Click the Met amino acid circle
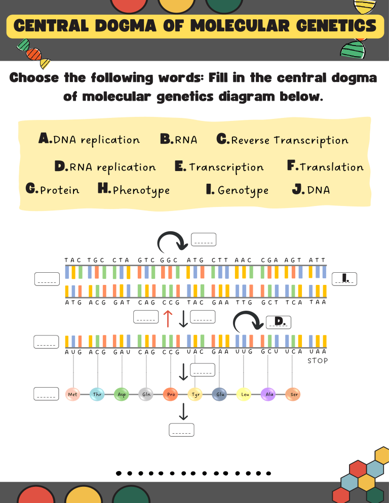tap(73, 394)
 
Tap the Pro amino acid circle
tap(170, 394)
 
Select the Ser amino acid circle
tap(293, 394)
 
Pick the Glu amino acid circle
tap(219, 394)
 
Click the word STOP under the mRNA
tap(318, 361)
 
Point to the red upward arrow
tap(168, 318)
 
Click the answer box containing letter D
tap(279, 322)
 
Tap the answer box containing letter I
tap(345, 278)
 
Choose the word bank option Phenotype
tap(141, 190)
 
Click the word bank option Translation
tap(331, 167)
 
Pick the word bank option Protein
tap(59, 190)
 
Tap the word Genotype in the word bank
tap(243, 190)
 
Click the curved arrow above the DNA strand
tap(173, 243)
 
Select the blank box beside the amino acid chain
tap(47, 394)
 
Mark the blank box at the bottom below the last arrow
tap(181, 430)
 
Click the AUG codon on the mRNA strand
tap(73, 352)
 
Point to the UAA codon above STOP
tap(318, 351)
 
